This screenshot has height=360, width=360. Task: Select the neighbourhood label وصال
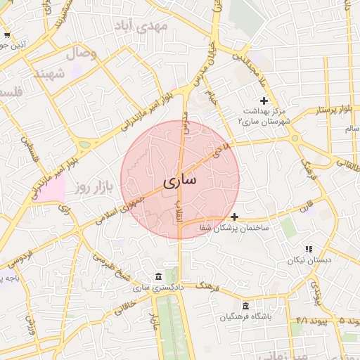pos(83,53)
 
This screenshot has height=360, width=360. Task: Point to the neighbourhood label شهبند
pos(50,73)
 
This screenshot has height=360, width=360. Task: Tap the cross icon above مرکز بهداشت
pos(264,101)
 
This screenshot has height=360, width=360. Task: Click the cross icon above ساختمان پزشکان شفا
pos(234,217)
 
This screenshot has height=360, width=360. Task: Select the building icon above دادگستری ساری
pos(157,276)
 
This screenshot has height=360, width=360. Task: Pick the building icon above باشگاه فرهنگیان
pos(245,306)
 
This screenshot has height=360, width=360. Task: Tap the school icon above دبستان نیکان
pos(309,249)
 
